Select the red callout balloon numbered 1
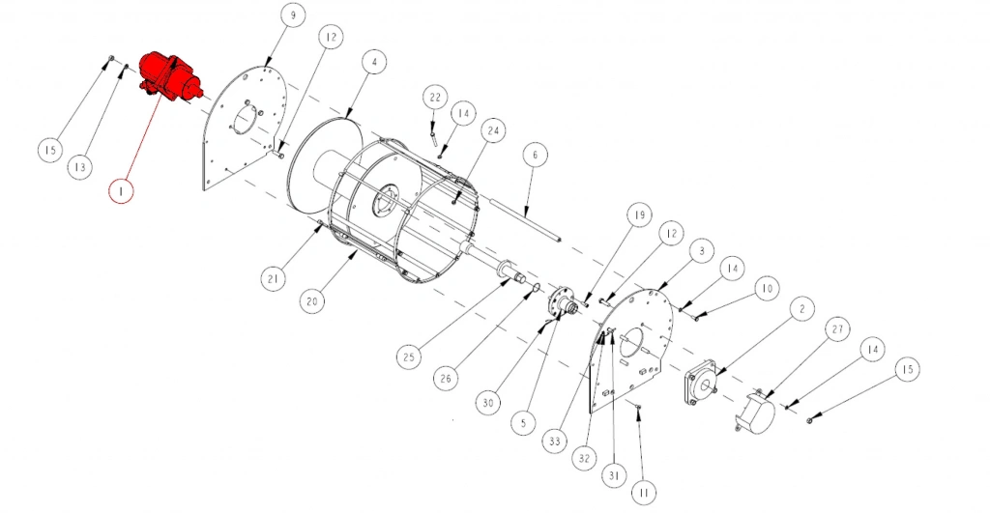click(x=121, y=189)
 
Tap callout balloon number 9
click(x=292, y=15)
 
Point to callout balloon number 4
click(x=374, y=62)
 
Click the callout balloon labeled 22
click(x=435, y=98)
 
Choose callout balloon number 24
click(x=493, y=130)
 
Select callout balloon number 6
click(x=535, y=154)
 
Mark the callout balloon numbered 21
click(x=273, y=278)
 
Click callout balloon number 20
click(x=312, y=301)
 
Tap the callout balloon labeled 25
click(x=409, y=356)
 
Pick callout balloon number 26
click(x=447, y=379)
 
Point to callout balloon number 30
click(x=488, y=403)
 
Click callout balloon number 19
click(x=639, y=215)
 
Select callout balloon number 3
click(x=702, y=250)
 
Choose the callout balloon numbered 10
click(x=767, y=288)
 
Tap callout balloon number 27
click(x=837, y=328)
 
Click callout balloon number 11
click(x=643, y=492)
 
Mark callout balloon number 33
click(x=554, y=442)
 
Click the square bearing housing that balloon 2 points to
click(x=701, y=382)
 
